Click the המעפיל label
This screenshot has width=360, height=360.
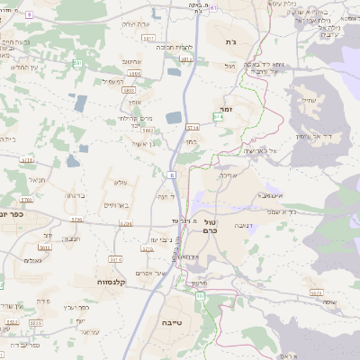coord(113,82)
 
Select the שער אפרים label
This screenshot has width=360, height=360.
coord(148,272)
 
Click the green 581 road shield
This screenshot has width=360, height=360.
coord(78,63)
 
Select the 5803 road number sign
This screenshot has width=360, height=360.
coord(129,90)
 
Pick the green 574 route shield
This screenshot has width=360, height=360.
coord(217,117)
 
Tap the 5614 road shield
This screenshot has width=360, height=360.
coord(187,58)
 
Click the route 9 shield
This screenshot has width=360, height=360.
coord(29,15)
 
